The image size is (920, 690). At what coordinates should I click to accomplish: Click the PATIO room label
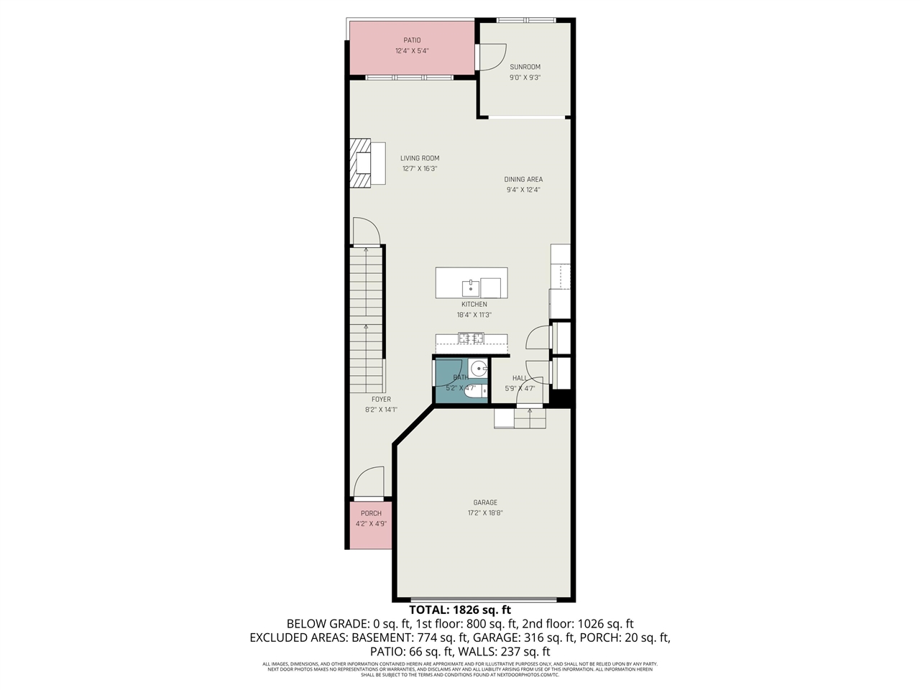click(412, 40)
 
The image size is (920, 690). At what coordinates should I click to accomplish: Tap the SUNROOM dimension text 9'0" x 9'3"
click(525, 78)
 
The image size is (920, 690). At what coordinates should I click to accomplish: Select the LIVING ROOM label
click(420, 158)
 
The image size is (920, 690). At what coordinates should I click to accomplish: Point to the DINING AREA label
click(523, 180)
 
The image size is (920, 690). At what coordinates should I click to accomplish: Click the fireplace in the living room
click(362, 162)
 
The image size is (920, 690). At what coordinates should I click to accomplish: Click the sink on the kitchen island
click(470, 287)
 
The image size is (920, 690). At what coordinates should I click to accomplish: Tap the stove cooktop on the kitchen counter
click(471, 338)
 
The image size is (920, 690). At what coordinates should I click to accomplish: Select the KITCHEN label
click(474, 305)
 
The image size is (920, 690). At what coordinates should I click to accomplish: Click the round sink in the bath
click(480, 367)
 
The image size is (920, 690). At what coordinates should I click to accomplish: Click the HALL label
click(519, 378)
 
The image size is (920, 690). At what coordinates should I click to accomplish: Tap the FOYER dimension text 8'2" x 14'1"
click(381, 410)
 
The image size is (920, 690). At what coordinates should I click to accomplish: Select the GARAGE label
click(485, 503)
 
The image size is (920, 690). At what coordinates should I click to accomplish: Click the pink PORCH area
click(371, 525)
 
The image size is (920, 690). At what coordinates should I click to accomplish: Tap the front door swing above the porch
click(369, 482)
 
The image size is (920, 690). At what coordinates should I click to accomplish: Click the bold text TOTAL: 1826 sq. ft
click(460, 610)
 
